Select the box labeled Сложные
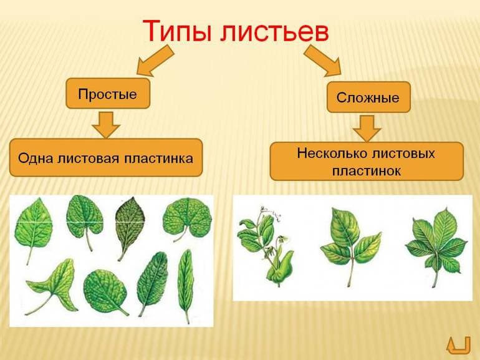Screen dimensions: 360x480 pos(368,97)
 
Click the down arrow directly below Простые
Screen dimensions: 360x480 pos(107,124)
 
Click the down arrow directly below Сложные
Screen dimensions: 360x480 pos(367,127)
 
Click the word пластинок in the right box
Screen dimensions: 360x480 pos(367,170)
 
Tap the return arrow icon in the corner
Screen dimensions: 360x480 pos(458,344)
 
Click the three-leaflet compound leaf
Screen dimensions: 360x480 pos(349,240)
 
